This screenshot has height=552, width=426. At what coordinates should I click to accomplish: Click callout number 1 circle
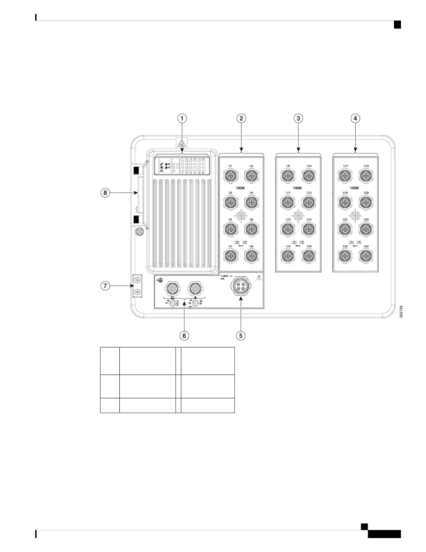(182, 118)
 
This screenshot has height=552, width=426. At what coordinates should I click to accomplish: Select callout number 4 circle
(355, 118)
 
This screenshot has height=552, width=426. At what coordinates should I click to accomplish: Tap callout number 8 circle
(105, 192)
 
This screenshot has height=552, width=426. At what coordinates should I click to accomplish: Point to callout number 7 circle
(105, 286)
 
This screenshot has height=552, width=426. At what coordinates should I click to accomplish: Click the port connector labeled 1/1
(230, 176)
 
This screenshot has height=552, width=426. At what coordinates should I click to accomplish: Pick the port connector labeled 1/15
(287, 256)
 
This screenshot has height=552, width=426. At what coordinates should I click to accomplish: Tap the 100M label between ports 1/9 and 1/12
(297, 188)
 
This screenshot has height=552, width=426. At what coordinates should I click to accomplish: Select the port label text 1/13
(288, 220)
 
